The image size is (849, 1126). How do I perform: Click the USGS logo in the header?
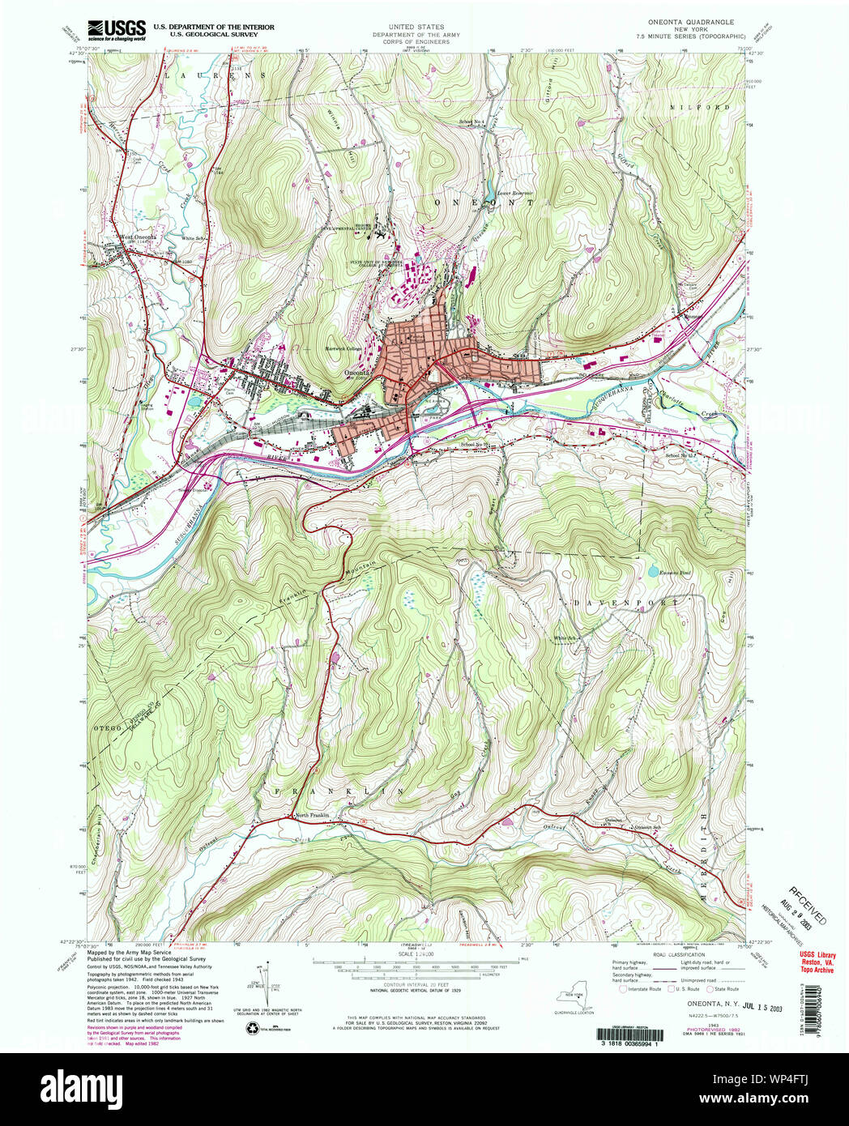[x=117, y=28]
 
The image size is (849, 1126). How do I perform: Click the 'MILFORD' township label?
[x=689, y=107]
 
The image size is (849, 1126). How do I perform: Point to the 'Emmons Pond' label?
[x=676, y=573]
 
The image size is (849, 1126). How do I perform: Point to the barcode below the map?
[x=634, y=1034]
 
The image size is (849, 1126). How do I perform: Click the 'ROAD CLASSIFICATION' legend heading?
[x=676, y=955]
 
